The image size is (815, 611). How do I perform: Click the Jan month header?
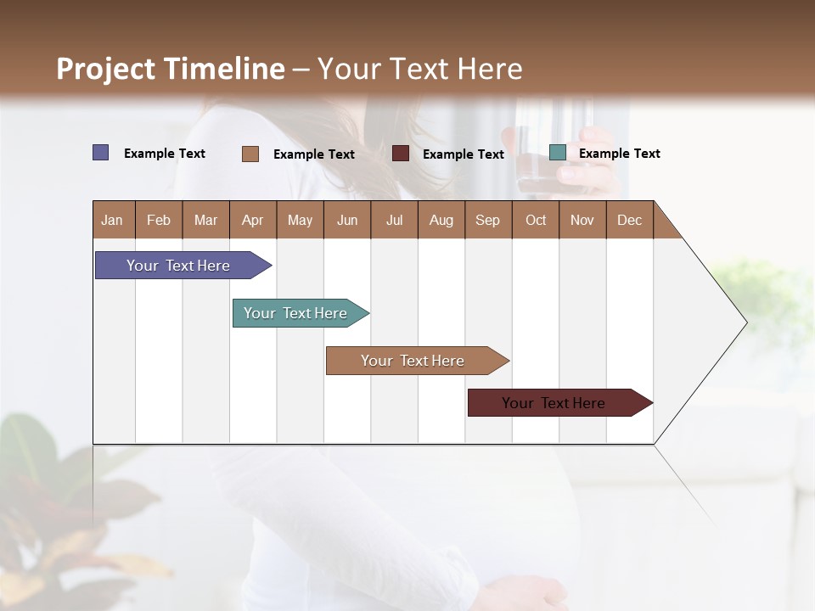113,220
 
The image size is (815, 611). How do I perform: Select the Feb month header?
159,220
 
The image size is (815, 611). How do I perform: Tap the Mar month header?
205,220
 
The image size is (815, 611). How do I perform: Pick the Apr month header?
252,220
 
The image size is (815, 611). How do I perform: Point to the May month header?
300,220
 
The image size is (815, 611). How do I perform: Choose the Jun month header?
347,220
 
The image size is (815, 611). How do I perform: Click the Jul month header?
394,220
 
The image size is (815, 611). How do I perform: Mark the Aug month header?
441,220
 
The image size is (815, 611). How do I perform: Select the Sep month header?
487,220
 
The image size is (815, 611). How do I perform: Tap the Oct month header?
536,220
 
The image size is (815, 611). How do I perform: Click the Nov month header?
582,220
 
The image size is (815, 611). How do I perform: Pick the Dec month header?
629,220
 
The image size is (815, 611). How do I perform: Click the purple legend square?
101,153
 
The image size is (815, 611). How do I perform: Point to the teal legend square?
558,153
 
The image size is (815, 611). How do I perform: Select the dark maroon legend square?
401,154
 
